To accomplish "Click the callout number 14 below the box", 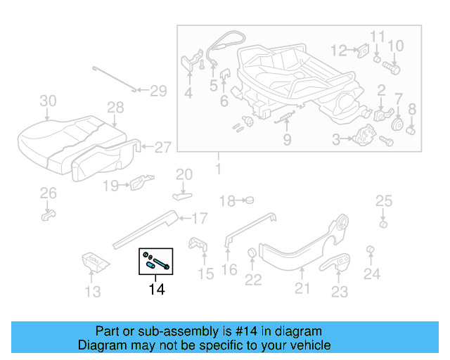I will pyautogui.click(x=156, y=288).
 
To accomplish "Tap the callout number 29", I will pyautogui.click(x=158, y=91).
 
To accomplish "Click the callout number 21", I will pyautogui.click(x=302, y=287).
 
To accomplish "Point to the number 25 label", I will pyautogui.click(x=383, y=202).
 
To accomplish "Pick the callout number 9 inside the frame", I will pyautogui.click(x=287, y=140).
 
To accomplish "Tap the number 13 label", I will pyautogui.click(x=94, y=290).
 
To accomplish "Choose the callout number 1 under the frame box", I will pyautogui.click(x=217, y=169).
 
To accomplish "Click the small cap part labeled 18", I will pyautogui.click(x=248, y=200).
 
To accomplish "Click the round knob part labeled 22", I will pyautogui.click(x=252, y=254).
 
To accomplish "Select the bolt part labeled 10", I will pyautogui.click(x=392, y=69).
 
